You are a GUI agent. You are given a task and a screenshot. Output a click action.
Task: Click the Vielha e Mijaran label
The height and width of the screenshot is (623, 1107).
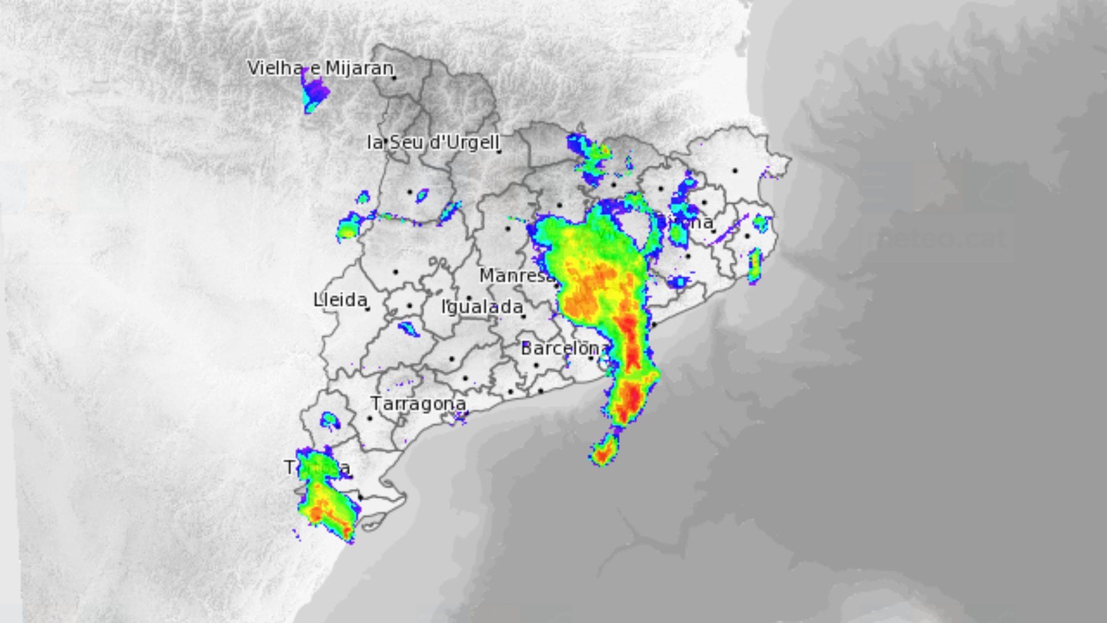[320, 68]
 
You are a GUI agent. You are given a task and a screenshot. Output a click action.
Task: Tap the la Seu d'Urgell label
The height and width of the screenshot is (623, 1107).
[432, 142]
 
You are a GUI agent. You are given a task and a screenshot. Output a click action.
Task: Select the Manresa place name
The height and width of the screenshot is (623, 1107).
[515, 276]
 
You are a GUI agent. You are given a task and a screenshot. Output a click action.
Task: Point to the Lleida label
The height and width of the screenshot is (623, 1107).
[340, 300]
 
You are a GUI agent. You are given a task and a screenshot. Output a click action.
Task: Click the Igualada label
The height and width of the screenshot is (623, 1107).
[482, 306]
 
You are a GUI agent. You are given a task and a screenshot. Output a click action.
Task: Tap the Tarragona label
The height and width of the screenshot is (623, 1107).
[418, 403]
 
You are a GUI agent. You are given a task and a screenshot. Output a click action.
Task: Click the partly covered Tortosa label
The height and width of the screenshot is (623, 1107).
[317, 468]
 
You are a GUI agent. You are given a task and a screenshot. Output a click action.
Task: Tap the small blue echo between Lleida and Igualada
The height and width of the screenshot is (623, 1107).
[408, 328]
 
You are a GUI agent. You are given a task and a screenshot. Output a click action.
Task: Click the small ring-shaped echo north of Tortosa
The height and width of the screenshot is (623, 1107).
[330, 421]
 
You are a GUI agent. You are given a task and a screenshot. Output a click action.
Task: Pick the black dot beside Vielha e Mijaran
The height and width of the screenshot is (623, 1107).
[394, 77]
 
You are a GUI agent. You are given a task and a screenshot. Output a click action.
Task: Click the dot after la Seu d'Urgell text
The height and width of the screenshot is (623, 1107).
[499, 151]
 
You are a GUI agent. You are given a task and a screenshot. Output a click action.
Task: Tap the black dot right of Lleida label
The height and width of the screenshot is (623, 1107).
[368, 309]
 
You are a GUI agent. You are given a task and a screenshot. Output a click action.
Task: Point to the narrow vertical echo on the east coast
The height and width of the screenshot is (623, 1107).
[754, 266]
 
